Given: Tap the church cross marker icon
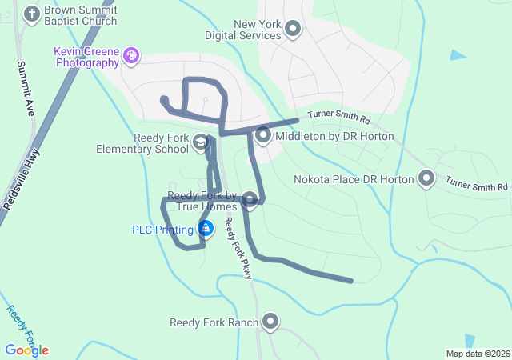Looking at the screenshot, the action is click(x=32, y=14).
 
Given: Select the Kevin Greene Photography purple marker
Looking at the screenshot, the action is click(x=131, y=55).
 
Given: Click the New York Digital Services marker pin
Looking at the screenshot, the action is click(x=293, y=30).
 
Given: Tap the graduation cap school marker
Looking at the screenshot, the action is click(x=200, y=143).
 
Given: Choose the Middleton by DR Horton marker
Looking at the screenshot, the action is click(x=264, y=136).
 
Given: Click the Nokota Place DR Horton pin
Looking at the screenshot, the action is click(x=426, y=179).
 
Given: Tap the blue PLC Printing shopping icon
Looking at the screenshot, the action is click(x=206, y=230).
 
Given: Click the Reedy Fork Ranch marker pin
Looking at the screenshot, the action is click(x=270, y=322).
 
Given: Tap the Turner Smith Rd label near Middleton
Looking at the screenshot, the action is click(x=340, y=119).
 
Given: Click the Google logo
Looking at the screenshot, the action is click(x=26, y=350).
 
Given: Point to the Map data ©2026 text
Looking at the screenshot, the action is click(x=478, y=354).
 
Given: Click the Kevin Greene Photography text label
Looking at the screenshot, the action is click(x=86, y=57).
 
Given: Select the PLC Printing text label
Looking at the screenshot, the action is click(x=163, y=230).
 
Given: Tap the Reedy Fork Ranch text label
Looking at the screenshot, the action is click(x=214, y=323).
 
